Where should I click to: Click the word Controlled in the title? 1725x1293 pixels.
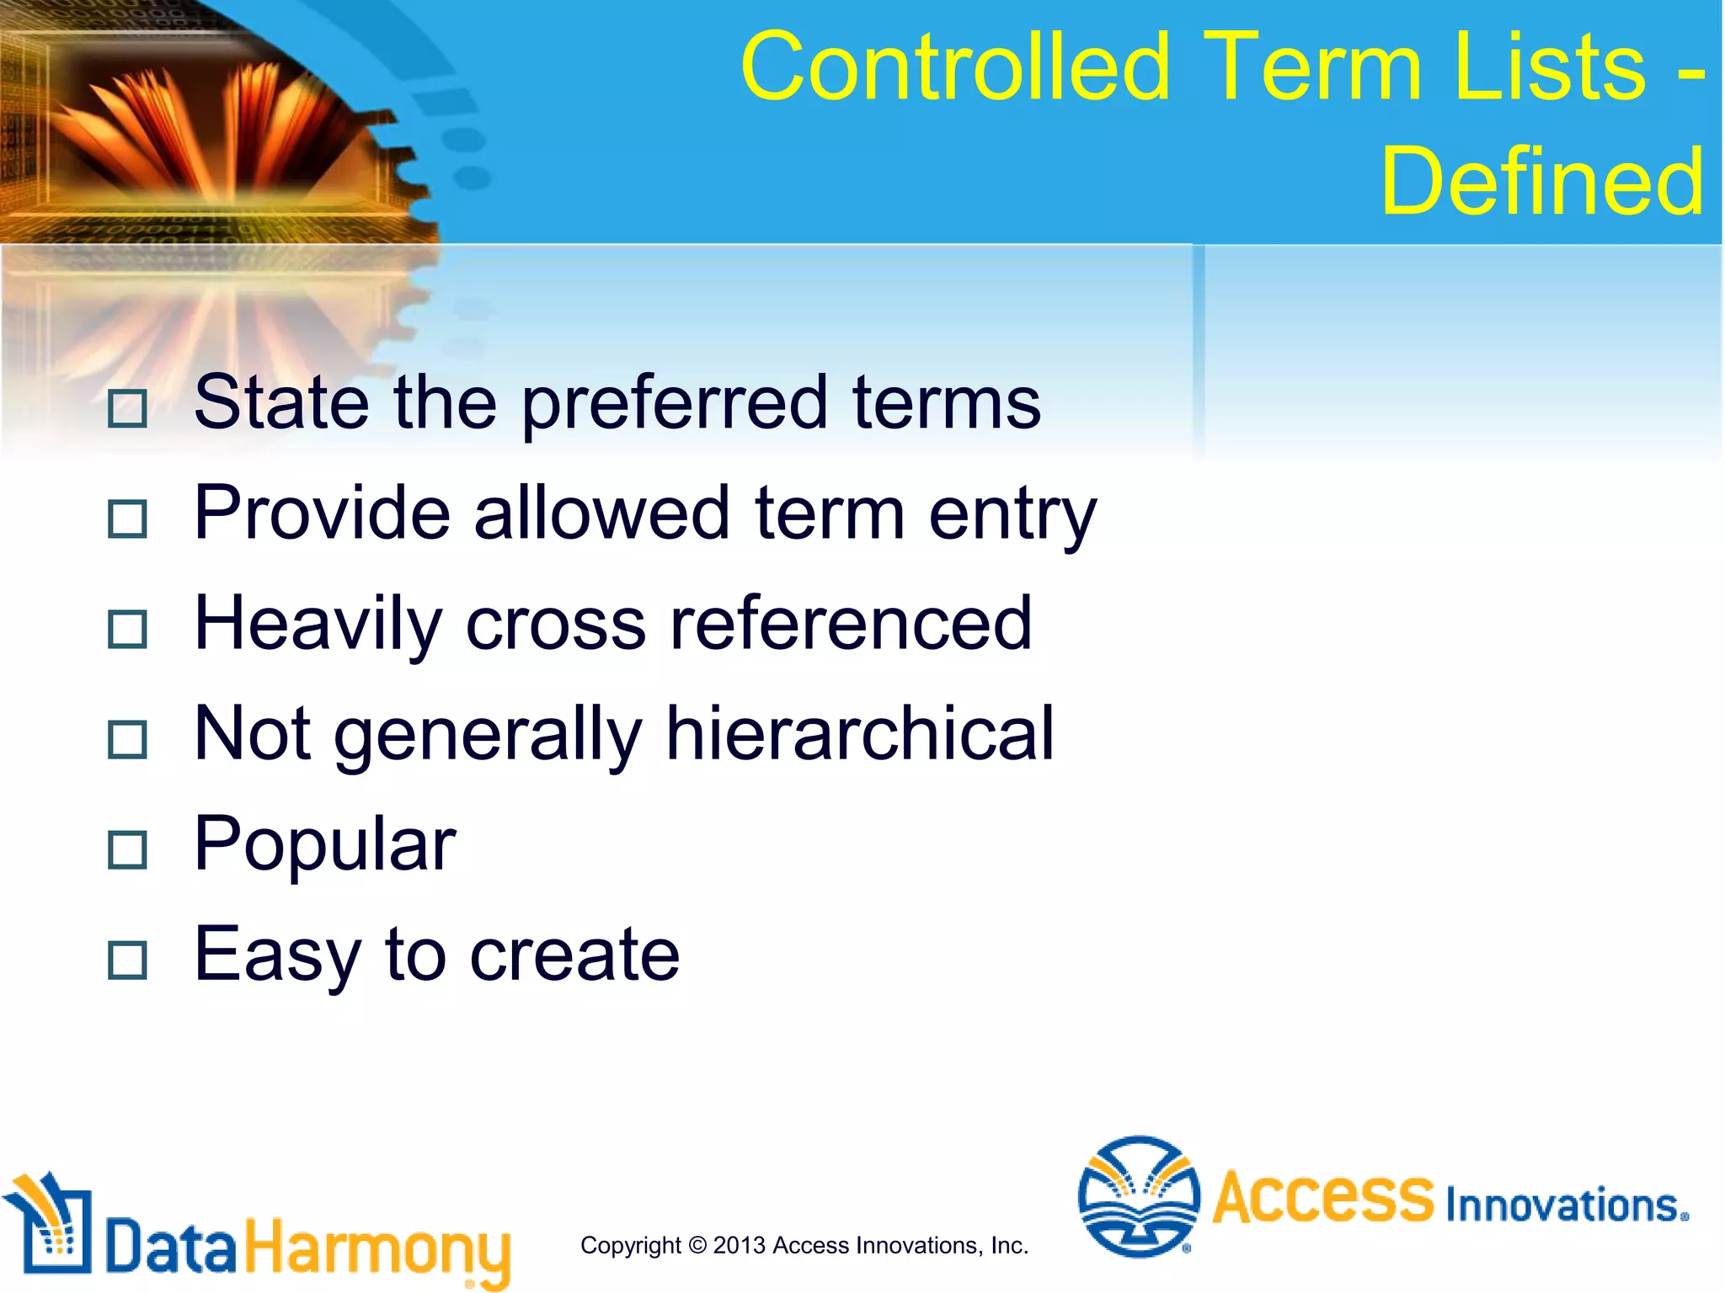[x=956, y=67]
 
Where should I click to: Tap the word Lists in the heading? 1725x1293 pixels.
[x=1549, y=67]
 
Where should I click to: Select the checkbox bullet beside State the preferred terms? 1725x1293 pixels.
[x=128, y=409]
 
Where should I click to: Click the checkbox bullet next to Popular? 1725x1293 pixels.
[x=128, y=850]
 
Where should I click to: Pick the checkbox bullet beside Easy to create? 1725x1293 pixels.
[x=128, y=960]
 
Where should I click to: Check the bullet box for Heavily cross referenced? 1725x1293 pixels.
[x=128, y=630]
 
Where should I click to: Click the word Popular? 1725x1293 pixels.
[x=324, y=845]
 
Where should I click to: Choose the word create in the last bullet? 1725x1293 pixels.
[x=574, y=955]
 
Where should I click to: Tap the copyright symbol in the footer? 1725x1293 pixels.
[x=697, y=1245]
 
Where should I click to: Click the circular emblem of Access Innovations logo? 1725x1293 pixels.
[x=1139, y=1196]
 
